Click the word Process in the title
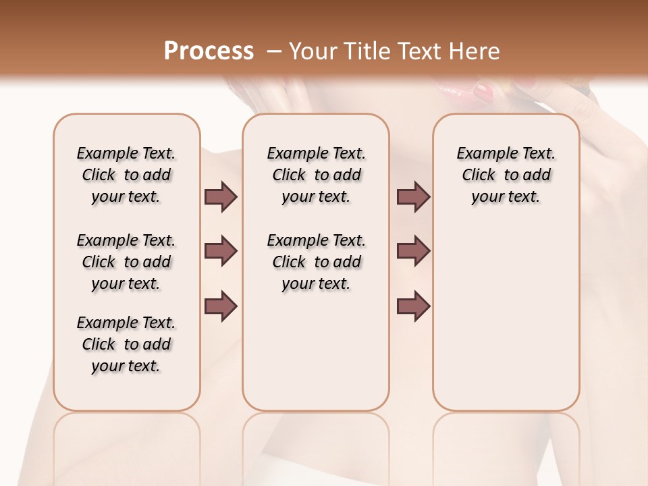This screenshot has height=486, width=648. coord(209,51)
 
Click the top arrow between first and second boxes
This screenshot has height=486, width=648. coord(221,196)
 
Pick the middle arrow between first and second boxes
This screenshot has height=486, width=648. coord(221,251)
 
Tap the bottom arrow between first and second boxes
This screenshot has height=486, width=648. coord(221,306)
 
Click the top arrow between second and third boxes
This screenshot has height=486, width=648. coord(413,196)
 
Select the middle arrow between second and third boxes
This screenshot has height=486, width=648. coord(413,251)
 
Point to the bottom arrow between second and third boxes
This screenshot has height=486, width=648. coord(413,306)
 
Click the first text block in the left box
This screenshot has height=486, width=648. coord(126,175)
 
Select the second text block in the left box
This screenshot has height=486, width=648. coord(126,262)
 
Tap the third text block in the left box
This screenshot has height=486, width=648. coord(126,344)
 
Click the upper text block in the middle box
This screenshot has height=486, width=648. coord(316,175)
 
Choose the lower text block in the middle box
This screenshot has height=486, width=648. coord(316,262)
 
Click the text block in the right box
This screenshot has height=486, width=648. coord(506,175)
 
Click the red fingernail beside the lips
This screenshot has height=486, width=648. coord(483,91)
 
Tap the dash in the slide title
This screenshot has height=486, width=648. coord(273,51)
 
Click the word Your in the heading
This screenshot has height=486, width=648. coord(313,51)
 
